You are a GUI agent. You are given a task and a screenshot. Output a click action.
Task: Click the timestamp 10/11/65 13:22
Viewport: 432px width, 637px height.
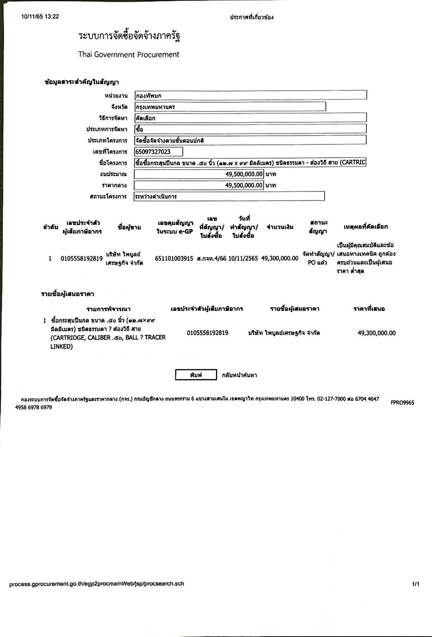[40, 17]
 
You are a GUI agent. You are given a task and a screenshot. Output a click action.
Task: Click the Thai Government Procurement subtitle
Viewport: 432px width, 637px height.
[129, 55]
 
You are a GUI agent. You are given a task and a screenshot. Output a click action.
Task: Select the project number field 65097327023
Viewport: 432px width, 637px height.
[159, 152]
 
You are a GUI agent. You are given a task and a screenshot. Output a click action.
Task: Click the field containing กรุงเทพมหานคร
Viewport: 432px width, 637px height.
[230, 107]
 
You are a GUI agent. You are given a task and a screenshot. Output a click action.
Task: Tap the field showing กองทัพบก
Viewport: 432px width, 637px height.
[250, 96]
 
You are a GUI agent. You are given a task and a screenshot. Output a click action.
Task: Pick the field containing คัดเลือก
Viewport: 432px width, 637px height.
[250, 118]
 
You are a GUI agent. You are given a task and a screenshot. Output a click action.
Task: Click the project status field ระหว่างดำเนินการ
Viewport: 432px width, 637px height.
[229, 196]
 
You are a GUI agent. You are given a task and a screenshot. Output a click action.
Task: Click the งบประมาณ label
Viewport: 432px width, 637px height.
[114, 174]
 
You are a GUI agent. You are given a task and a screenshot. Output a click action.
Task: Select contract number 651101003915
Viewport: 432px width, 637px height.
[174, 259]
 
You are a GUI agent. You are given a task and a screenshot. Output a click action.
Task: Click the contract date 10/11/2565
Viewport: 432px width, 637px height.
[243, 259]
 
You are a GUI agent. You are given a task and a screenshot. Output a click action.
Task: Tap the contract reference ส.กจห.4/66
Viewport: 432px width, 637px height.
[211, 259]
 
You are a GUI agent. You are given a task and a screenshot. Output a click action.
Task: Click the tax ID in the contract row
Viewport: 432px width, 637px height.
[81, 259]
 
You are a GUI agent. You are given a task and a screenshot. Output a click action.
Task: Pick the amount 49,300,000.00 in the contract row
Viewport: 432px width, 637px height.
[280, 259]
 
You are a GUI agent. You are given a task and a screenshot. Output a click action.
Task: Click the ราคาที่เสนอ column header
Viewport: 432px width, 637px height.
[369, 309]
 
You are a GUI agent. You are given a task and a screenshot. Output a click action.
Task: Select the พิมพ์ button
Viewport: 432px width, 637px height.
[196, 375]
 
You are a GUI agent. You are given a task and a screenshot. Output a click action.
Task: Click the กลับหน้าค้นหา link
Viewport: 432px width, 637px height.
[239, 375]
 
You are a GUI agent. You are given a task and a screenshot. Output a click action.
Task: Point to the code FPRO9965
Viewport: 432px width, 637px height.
[402, 403]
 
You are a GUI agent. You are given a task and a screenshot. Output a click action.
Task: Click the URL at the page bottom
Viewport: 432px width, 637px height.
[97, 584]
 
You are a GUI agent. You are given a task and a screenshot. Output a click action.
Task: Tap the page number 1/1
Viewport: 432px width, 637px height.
[416, 584]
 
